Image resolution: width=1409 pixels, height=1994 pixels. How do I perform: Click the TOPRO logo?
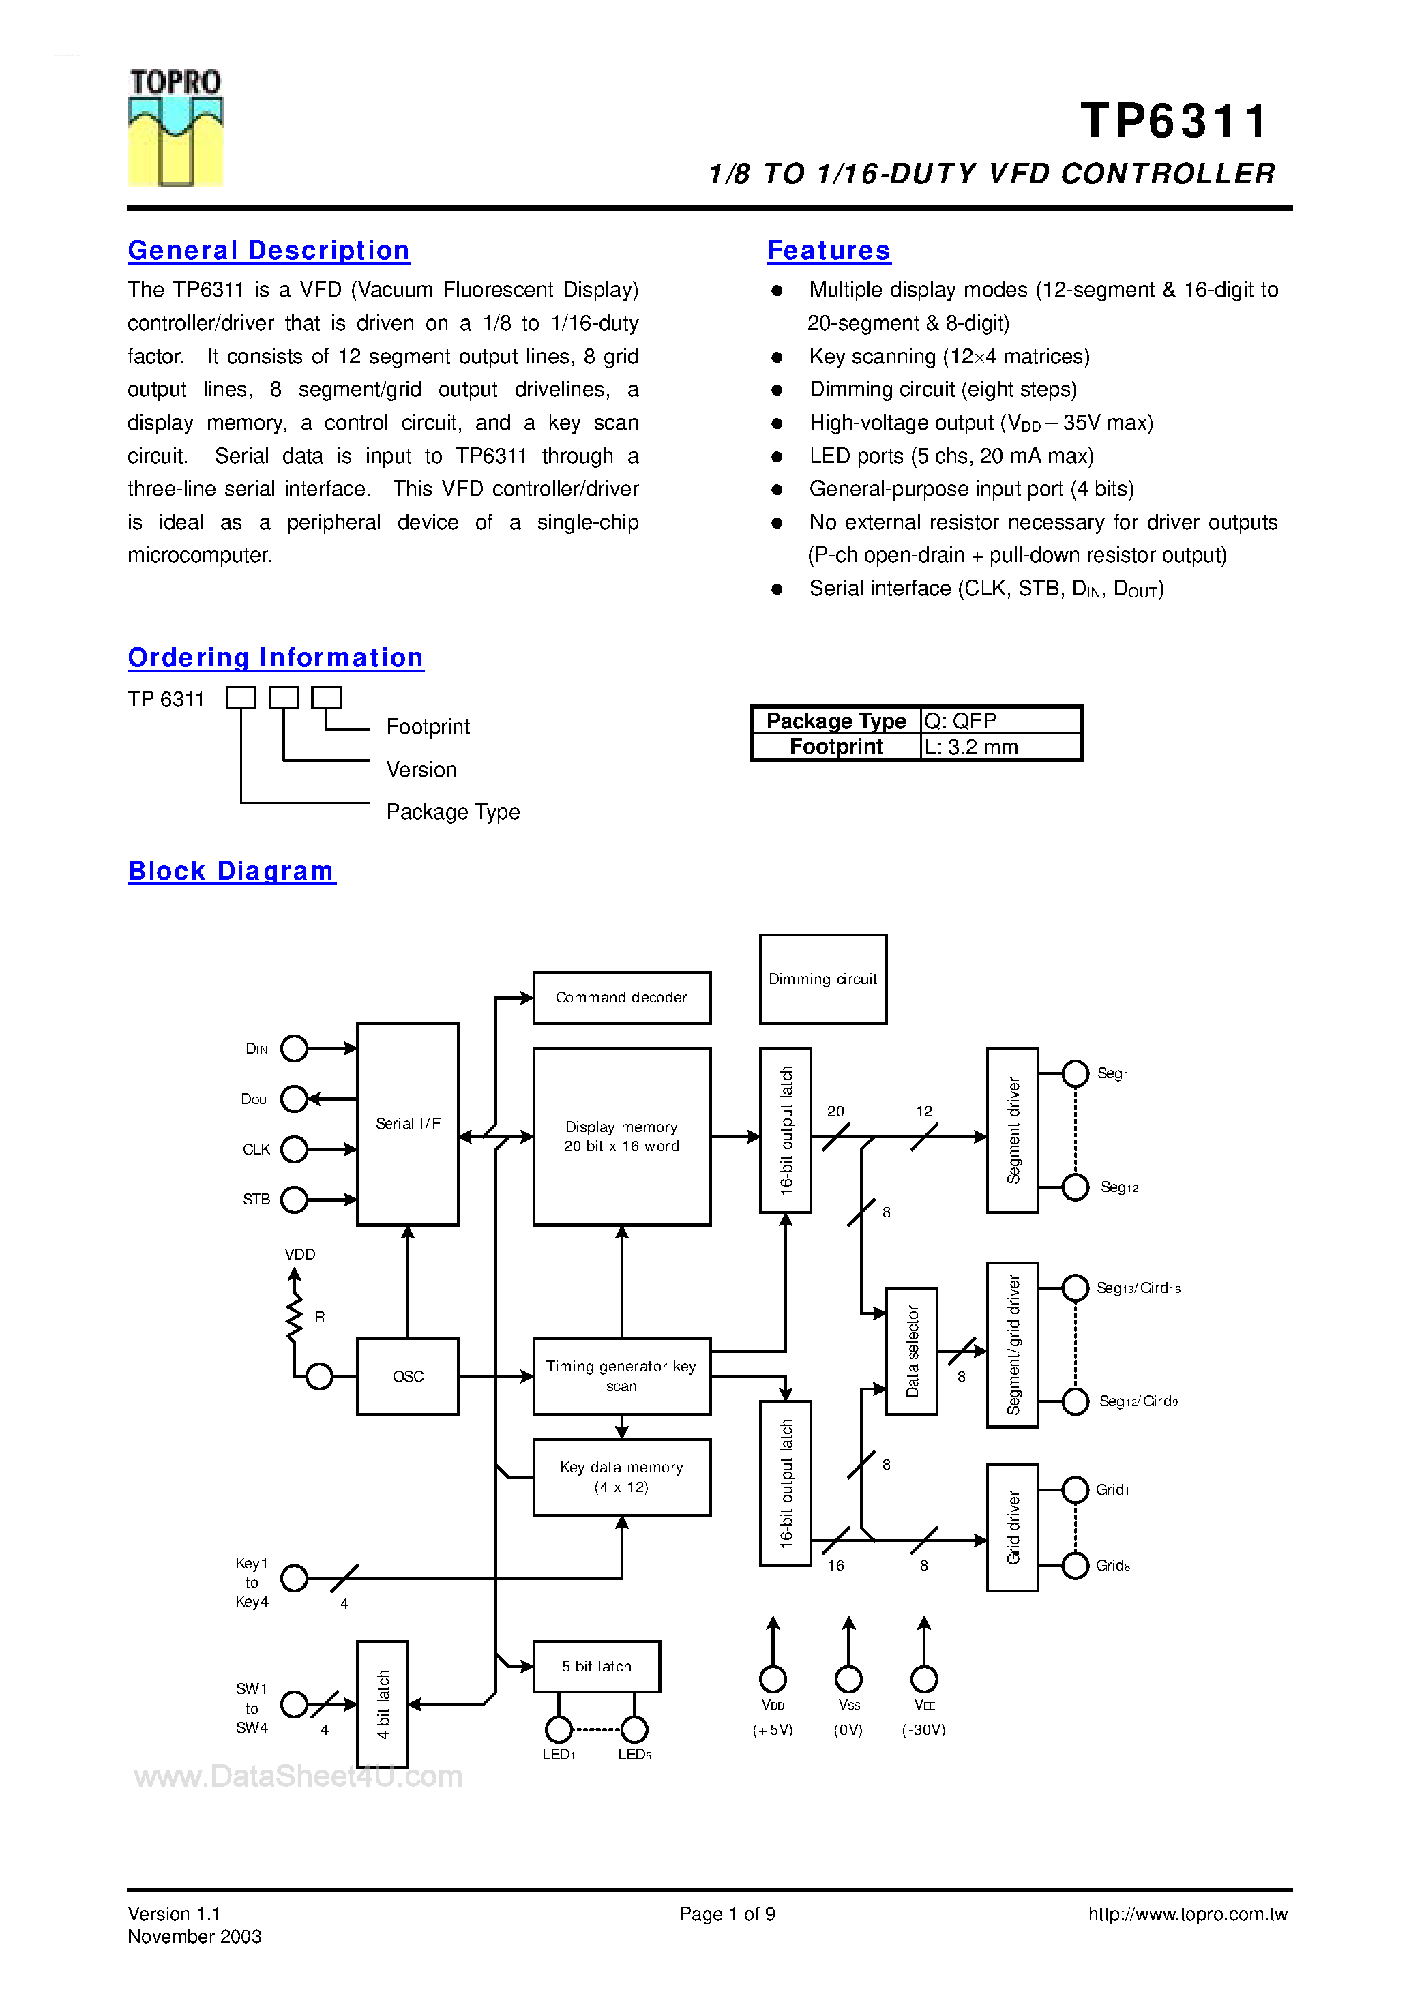click(175, 128)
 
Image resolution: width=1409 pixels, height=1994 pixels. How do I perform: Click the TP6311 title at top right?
click(1174, 121)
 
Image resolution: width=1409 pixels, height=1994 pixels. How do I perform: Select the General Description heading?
click(269, 251)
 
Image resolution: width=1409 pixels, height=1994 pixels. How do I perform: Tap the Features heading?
click(829, 251)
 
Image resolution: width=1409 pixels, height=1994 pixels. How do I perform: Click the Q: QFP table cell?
click(1000, 721)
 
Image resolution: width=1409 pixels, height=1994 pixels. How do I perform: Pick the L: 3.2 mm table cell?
click(1000, 747)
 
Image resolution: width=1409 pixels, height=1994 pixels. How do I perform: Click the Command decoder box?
click(621, 998)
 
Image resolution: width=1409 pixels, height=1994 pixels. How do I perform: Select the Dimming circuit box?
click(822, 979)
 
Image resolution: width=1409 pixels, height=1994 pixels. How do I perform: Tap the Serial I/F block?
click(407, 1124)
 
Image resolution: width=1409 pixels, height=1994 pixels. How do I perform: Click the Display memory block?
click(621, 1136)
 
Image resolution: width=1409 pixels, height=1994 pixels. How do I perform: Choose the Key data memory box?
click(621, 1477)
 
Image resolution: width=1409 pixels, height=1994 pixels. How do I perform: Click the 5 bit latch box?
click(596, 1667)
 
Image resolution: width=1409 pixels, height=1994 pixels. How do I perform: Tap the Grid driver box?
click(1012, 1528)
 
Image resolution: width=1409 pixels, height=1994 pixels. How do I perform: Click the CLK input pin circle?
click(295, 1149)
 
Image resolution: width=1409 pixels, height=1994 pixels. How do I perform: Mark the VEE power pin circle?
click(923, 1679)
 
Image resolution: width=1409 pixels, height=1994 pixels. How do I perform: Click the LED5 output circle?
click(634, 1729)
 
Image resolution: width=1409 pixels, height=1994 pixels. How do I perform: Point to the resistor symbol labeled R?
click(295, 1317)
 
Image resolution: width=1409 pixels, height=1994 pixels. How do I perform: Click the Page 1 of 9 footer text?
click(727, 1914)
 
